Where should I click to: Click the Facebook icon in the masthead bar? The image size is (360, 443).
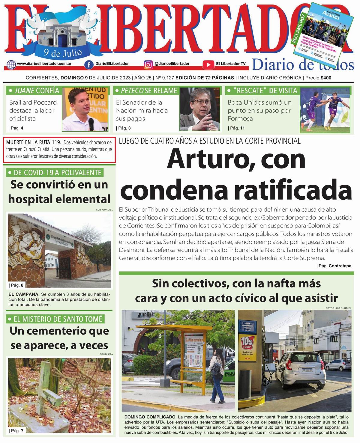click(89, 64)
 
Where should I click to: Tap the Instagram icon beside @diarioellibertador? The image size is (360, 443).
click(148, 64)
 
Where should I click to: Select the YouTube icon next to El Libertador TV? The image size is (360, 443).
click(208, 64)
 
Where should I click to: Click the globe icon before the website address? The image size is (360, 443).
click(11, 64)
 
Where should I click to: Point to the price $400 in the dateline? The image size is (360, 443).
click(326, 78)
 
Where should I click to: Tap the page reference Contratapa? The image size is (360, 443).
click(340, 266)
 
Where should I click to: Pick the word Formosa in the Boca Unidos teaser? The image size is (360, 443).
click(240, 118)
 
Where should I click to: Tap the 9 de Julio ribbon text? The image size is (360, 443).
click(63, 53)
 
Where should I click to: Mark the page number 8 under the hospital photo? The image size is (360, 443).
click(22, 285)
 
